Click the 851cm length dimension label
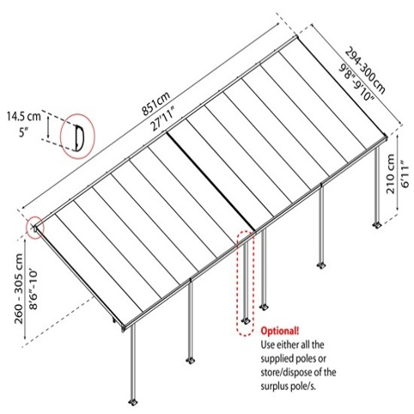click(156, 104)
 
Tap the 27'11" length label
click(163, 118)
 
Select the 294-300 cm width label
click(365, 70)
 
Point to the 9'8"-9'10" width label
click(356, 82)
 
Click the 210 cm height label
click(391, 174)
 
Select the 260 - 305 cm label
click(19, 289)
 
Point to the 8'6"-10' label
click(33, 289)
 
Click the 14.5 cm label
click(24, 117)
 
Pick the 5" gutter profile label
click(24, 133)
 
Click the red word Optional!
click(280, 331)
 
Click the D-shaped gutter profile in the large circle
click(79, 137)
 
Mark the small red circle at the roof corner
click(34, 228)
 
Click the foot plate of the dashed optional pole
click(246, 320)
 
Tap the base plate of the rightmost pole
click(377, 225)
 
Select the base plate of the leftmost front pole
click(133, 402)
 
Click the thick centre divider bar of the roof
click(210, 181)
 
